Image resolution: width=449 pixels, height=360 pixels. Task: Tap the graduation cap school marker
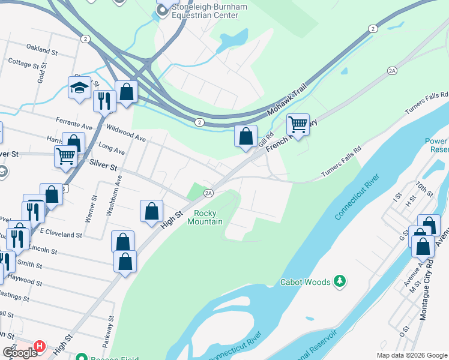(x=79, y=89)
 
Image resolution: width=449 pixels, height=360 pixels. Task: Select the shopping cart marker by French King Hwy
(x=298, y=125)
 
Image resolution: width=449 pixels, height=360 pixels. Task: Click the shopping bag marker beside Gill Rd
(x=246, y=136)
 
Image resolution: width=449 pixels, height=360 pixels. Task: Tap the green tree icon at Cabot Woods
(x=340, y=281)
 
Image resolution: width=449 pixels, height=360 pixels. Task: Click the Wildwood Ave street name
(x=125, y=133)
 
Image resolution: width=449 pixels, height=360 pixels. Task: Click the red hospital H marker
(x=40, y=346)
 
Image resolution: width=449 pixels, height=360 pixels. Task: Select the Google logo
(x=20, y=353)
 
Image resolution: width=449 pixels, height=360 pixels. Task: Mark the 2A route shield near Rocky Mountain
(x=208, y=193)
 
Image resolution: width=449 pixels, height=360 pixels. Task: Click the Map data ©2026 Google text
(x=411, y=355)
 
